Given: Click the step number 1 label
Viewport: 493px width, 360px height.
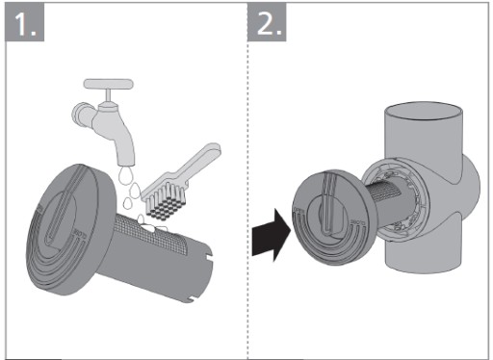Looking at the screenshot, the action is tap(24, 22).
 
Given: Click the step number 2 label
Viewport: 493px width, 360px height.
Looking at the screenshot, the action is tap(267, 22).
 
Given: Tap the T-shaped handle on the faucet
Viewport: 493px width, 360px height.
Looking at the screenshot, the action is tap(109, 84).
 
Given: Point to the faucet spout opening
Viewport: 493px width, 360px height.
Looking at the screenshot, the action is tap(127, 164).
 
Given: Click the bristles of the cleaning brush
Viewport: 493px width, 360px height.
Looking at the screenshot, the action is tap(166, 205).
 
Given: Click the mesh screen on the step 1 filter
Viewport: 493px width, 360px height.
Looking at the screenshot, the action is tap(151, 233).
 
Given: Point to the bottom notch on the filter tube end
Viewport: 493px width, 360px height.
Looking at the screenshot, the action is tap(192, 300).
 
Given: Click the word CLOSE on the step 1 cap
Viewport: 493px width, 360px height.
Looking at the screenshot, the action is tap(80, 235).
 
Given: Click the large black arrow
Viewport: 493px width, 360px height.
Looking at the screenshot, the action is tap(272, 235).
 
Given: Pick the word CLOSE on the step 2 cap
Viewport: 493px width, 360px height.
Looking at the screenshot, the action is tap(357, 222).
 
